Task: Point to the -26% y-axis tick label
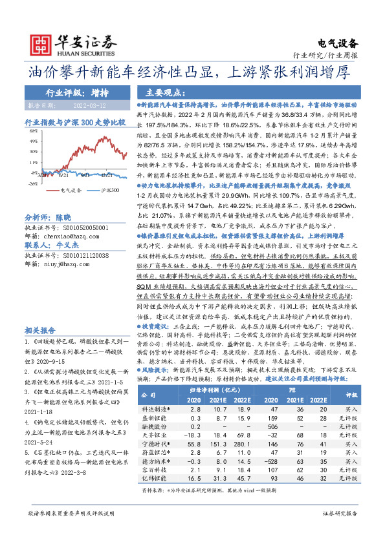(31, 183)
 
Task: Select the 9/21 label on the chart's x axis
(63, 174)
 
